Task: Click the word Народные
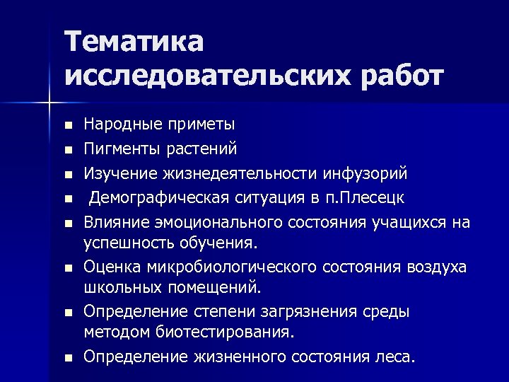point(122,125)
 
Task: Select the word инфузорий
point(365,173)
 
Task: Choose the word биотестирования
point(223,332)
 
